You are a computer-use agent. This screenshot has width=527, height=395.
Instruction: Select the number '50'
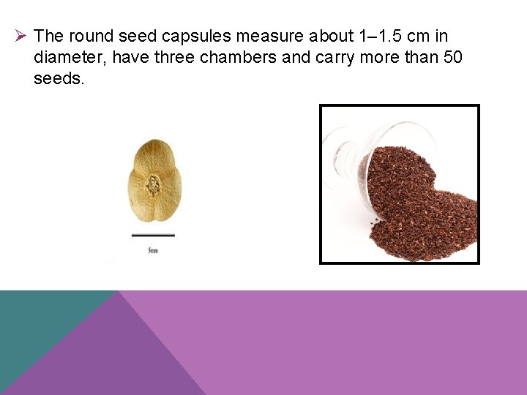453,57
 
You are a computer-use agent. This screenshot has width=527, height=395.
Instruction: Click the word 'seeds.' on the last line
59,78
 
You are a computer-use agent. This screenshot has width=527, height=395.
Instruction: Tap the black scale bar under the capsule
153,236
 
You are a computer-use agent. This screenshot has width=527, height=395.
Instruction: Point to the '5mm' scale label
153,251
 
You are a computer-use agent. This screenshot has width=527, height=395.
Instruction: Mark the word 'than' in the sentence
417,57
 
